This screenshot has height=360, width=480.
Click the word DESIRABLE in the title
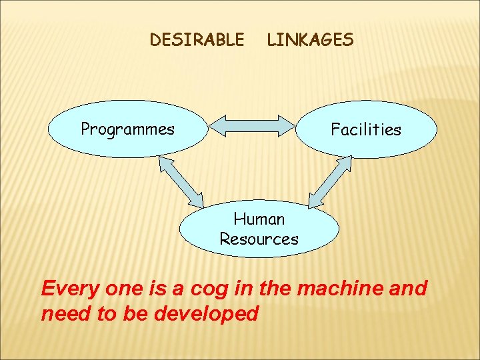[x=197, y=40]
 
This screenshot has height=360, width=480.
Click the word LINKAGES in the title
[x=310, y=40]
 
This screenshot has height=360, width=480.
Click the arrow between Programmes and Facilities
[x=252, y=125]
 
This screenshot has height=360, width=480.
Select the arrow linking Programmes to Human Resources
[x=181, y=181]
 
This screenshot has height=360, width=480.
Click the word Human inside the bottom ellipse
[x=259, y=219]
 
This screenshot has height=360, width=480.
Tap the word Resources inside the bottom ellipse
[x=259, y=239]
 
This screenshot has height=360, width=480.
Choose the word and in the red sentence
[x=407, y=289]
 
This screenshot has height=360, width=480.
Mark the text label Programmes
[x=127, y=129]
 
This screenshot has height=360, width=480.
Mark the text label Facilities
[x=366, y=130]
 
